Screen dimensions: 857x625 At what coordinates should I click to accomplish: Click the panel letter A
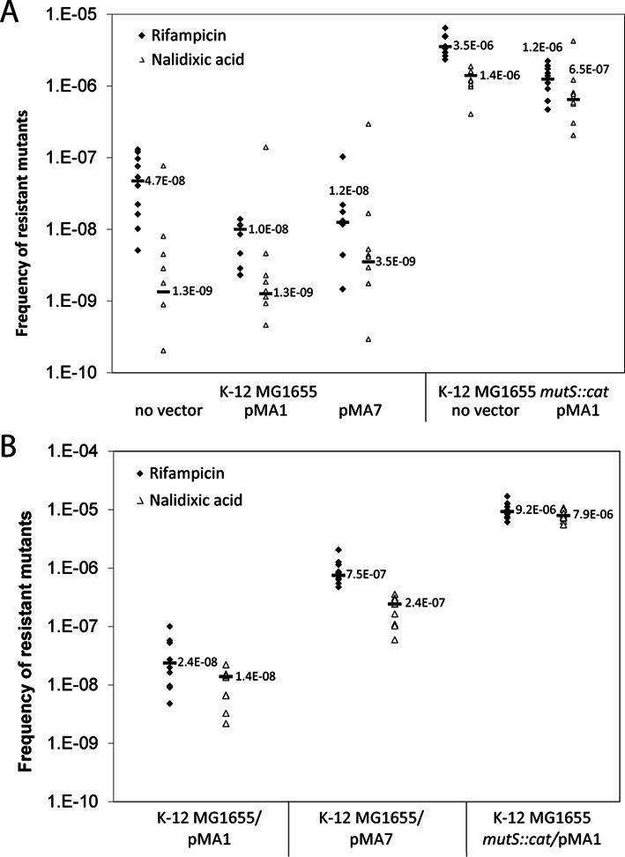(x=13, y=18)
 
